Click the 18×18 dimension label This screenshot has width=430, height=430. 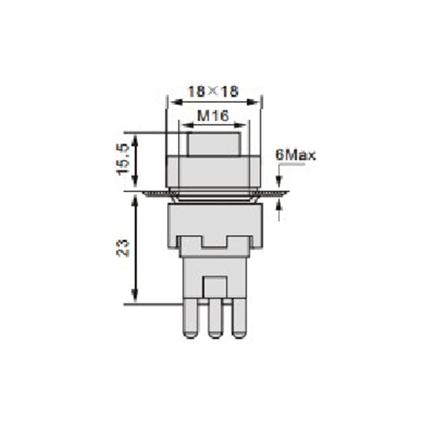coord(213,91)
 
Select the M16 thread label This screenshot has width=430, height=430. coord(213,116)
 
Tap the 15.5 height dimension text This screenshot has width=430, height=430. coord(123,159)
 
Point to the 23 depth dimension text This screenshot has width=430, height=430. coord(123,248)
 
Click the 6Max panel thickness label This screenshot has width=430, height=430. coord(296,155)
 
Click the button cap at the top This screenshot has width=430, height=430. coord(213,144)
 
